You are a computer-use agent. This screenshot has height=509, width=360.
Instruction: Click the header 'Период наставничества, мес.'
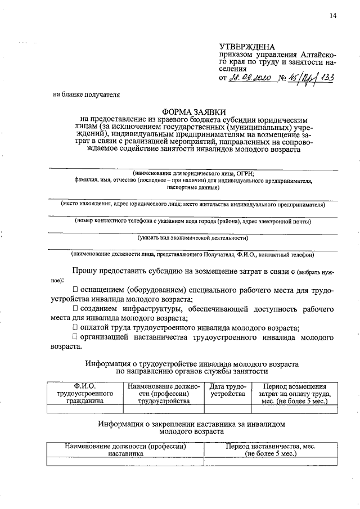coord(271,449)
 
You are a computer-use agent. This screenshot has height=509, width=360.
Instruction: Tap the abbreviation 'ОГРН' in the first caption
coord(245,173)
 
